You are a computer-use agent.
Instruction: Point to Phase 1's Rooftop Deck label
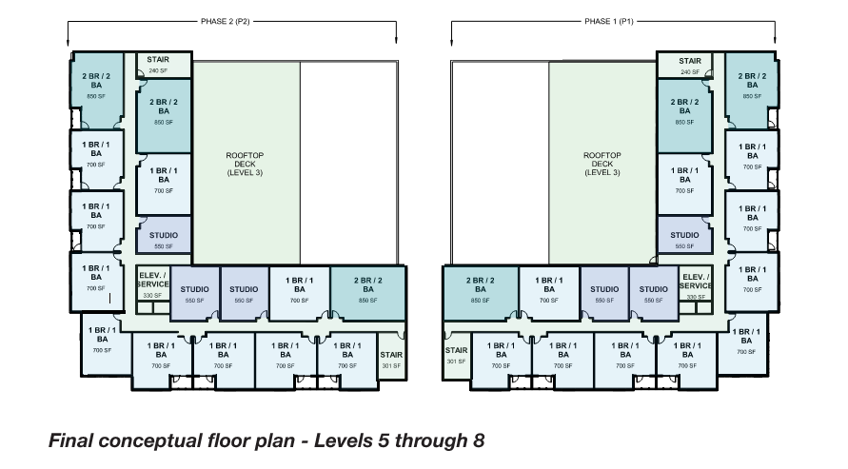601,164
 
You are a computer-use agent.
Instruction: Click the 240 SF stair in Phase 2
158,65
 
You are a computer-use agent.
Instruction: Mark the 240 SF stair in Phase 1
690,65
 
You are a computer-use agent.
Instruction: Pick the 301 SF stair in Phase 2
390,355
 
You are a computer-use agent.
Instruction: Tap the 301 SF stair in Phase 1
457,355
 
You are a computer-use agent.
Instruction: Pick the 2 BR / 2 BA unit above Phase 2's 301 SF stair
367,290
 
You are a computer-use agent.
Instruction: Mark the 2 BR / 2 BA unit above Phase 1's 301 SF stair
481,290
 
